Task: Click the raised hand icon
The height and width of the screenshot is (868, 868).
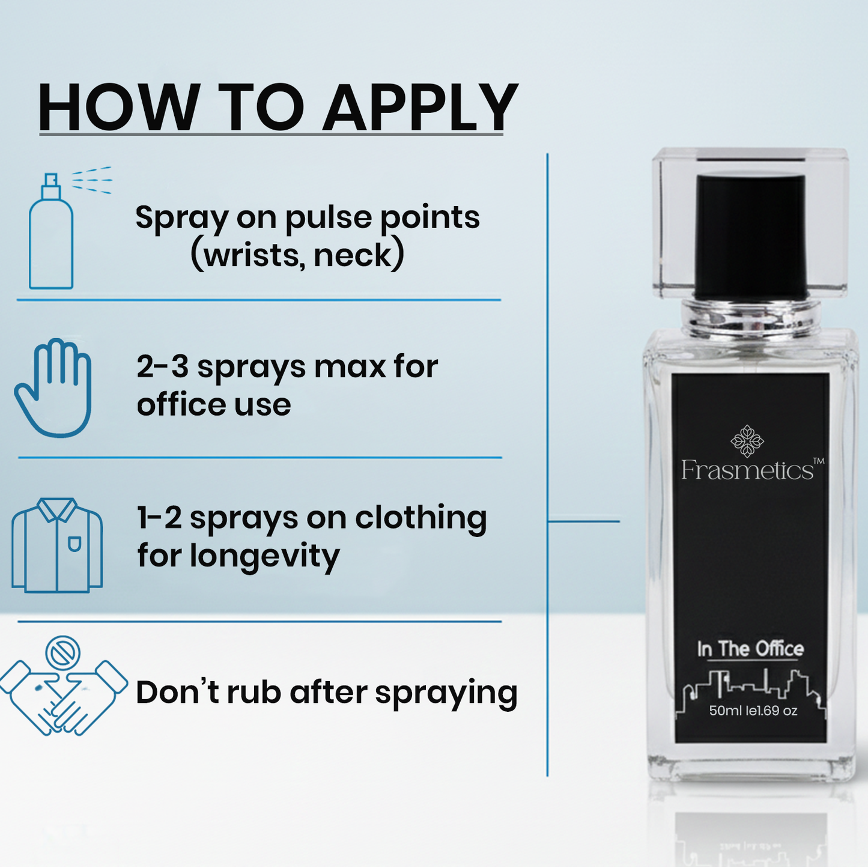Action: pyautogui.click(x=53, y=388)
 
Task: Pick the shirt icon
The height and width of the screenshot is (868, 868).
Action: pyautogui.click(x=57, y=545)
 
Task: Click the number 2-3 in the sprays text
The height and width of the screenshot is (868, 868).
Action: pyautogui.click(x=163, y=366)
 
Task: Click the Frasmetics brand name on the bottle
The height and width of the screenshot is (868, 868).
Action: pyautogui.click(x=747, y=470)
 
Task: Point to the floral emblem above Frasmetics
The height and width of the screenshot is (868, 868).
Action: pyautogui.click(x=747, y=441)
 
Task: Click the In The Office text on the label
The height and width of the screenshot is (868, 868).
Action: pyautogui.click(x=750, y=649)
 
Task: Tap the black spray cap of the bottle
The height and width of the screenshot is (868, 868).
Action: pyautogui.click(x=751, y=237)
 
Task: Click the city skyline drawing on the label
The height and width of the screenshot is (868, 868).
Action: pyautogui.click(x=750, y=696)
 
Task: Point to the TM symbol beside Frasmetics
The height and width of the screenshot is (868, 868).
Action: pyautogui.click(x=819, y=461)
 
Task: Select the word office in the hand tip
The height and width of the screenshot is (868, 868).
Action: pyautogui.click(x=181, y=404)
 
